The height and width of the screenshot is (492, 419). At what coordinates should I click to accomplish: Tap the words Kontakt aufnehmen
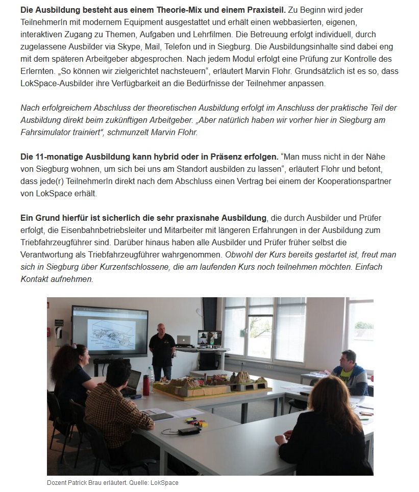56,279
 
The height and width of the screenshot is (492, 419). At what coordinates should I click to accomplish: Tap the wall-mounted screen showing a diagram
110,332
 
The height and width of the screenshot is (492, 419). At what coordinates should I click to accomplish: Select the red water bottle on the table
146,385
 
